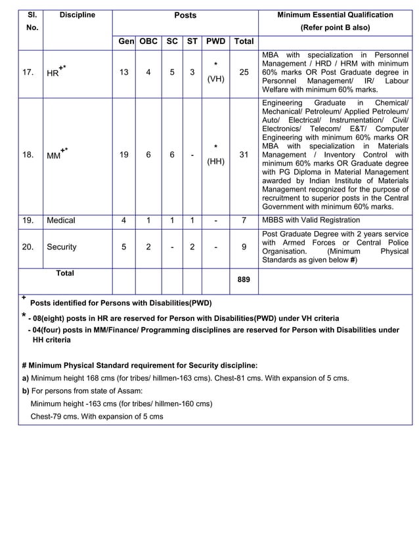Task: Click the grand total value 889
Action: pyautogui.click(x=244, y=279)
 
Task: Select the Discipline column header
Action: pyautogui.click(x=77, y=15)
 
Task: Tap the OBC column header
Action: pyautogui.click(x=148, y=41)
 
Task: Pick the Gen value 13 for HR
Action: pyautogui.click(x=123, y=73)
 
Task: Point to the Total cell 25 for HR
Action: pyautogui.click(x=244, y=73)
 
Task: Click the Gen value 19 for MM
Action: pyautogui.click(x=123, y=155)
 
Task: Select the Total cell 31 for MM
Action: pyautogui.click(x=244, y=155)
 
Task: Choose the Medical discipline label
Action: pyautogui.click(x=61, y=220)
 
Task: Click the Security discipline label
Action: pyautogui.click(x=62, y=247)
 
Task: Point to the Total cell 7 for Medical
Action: pyautogui.click(x=244, y=220)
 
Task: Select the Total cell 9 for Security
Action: pyautogui.click(x=244, y=247)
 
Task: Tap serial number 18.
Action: pyautogui.click(x=28, y=155)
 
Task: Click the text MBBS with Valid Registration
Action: pyautogui.click(x=311, y=220)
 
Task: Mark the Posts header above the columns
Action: pyautogui.click(x=185, y=15)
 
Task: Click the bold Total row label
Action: pyautogui.click(x=65, y=273)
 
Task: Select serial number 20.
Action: pyautogui.click(x=28, y=247)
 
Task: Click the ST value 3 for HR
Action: pyautogui.click(x=192, y=73)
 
